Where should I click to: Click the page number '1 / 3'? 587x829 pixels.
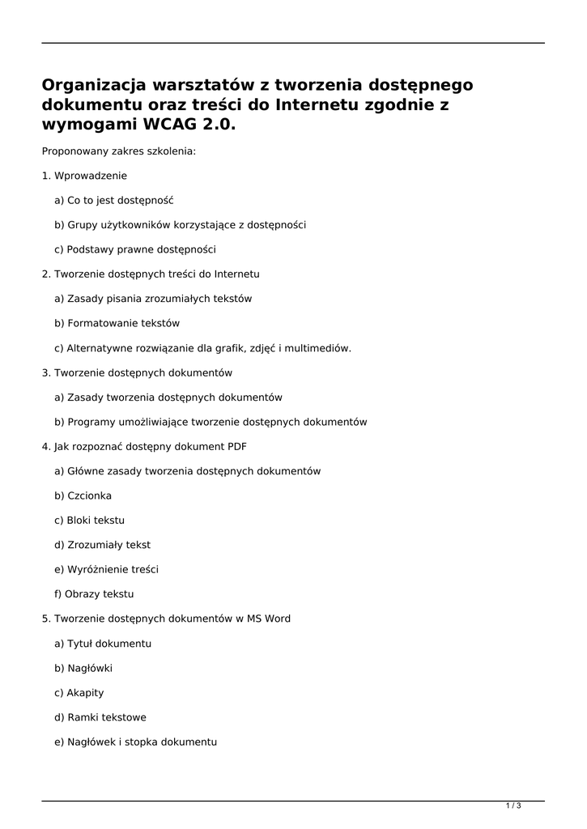tap(513, 806)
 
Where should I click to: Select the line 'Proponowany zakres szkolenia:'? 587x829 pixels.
tap(118, 151)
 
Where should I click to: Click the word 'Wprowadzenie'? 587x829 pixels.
tap(91, 176)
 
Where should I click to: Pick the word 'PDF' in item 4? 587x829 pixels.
tap(237, 446)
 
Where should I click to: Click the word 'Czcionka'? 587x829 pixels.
tap(90, 495)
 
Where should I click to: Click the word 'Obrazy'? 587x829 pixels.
tap(84, 593)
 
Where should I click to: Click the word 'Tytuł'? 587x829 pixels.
tap(81, 643)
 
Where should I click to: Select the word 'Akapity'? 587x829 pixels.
tap(85, 692)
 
